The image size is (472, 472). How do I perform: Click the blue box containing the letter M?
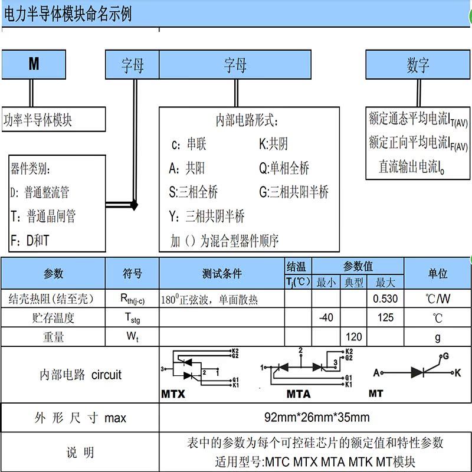pyautogui.click(x=34, y=65)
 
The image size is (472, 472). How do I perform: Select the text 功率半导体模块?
pyautogui.click(x=38, y=120)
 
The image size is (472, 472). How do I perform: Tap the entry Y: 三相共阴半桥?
pyautogui.click(x=206, y=217)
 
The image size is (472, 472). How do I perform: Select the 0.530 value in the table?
pyautogui.click(x=385, y=299)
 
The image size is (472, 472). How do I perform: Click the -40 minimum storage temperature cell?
pyautogui.click(x=326, y=318)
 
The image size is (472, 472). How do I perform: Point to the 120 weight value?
pyautogui.click(x=353, y=337)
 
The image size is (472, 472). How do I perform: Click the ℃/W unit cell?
pyautogui.click(x=437, y=299)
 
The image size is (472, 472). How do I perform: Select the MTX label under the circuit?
pyautogui.click(x=173, y=394)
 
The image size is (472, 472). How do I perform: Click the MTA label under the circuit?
pyautogui.click(x=299, y=394)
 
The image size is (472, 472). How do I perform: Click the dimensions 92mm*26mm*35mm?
pyautogui.click(x=317, y=418)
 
